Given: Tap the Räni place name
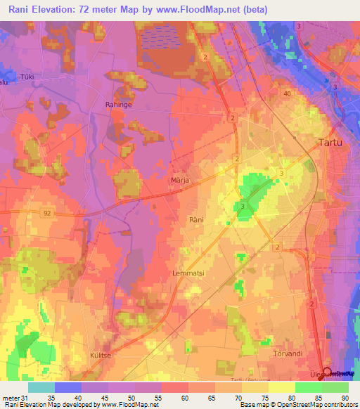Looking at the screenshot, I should click(196, 220).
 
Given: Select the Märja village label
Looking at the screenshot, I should click(179, 180).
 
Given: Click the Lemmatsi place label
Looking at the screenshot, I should click(186, 272).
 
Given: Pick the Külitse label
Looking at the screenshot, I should click(101, 356).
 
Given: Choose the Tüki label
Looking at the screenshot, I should click(27, 76).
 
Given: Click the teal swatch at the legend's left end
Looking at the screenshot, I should click(41, 387).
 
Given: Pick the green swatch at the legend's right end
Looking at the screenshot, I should click(335, 387).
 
